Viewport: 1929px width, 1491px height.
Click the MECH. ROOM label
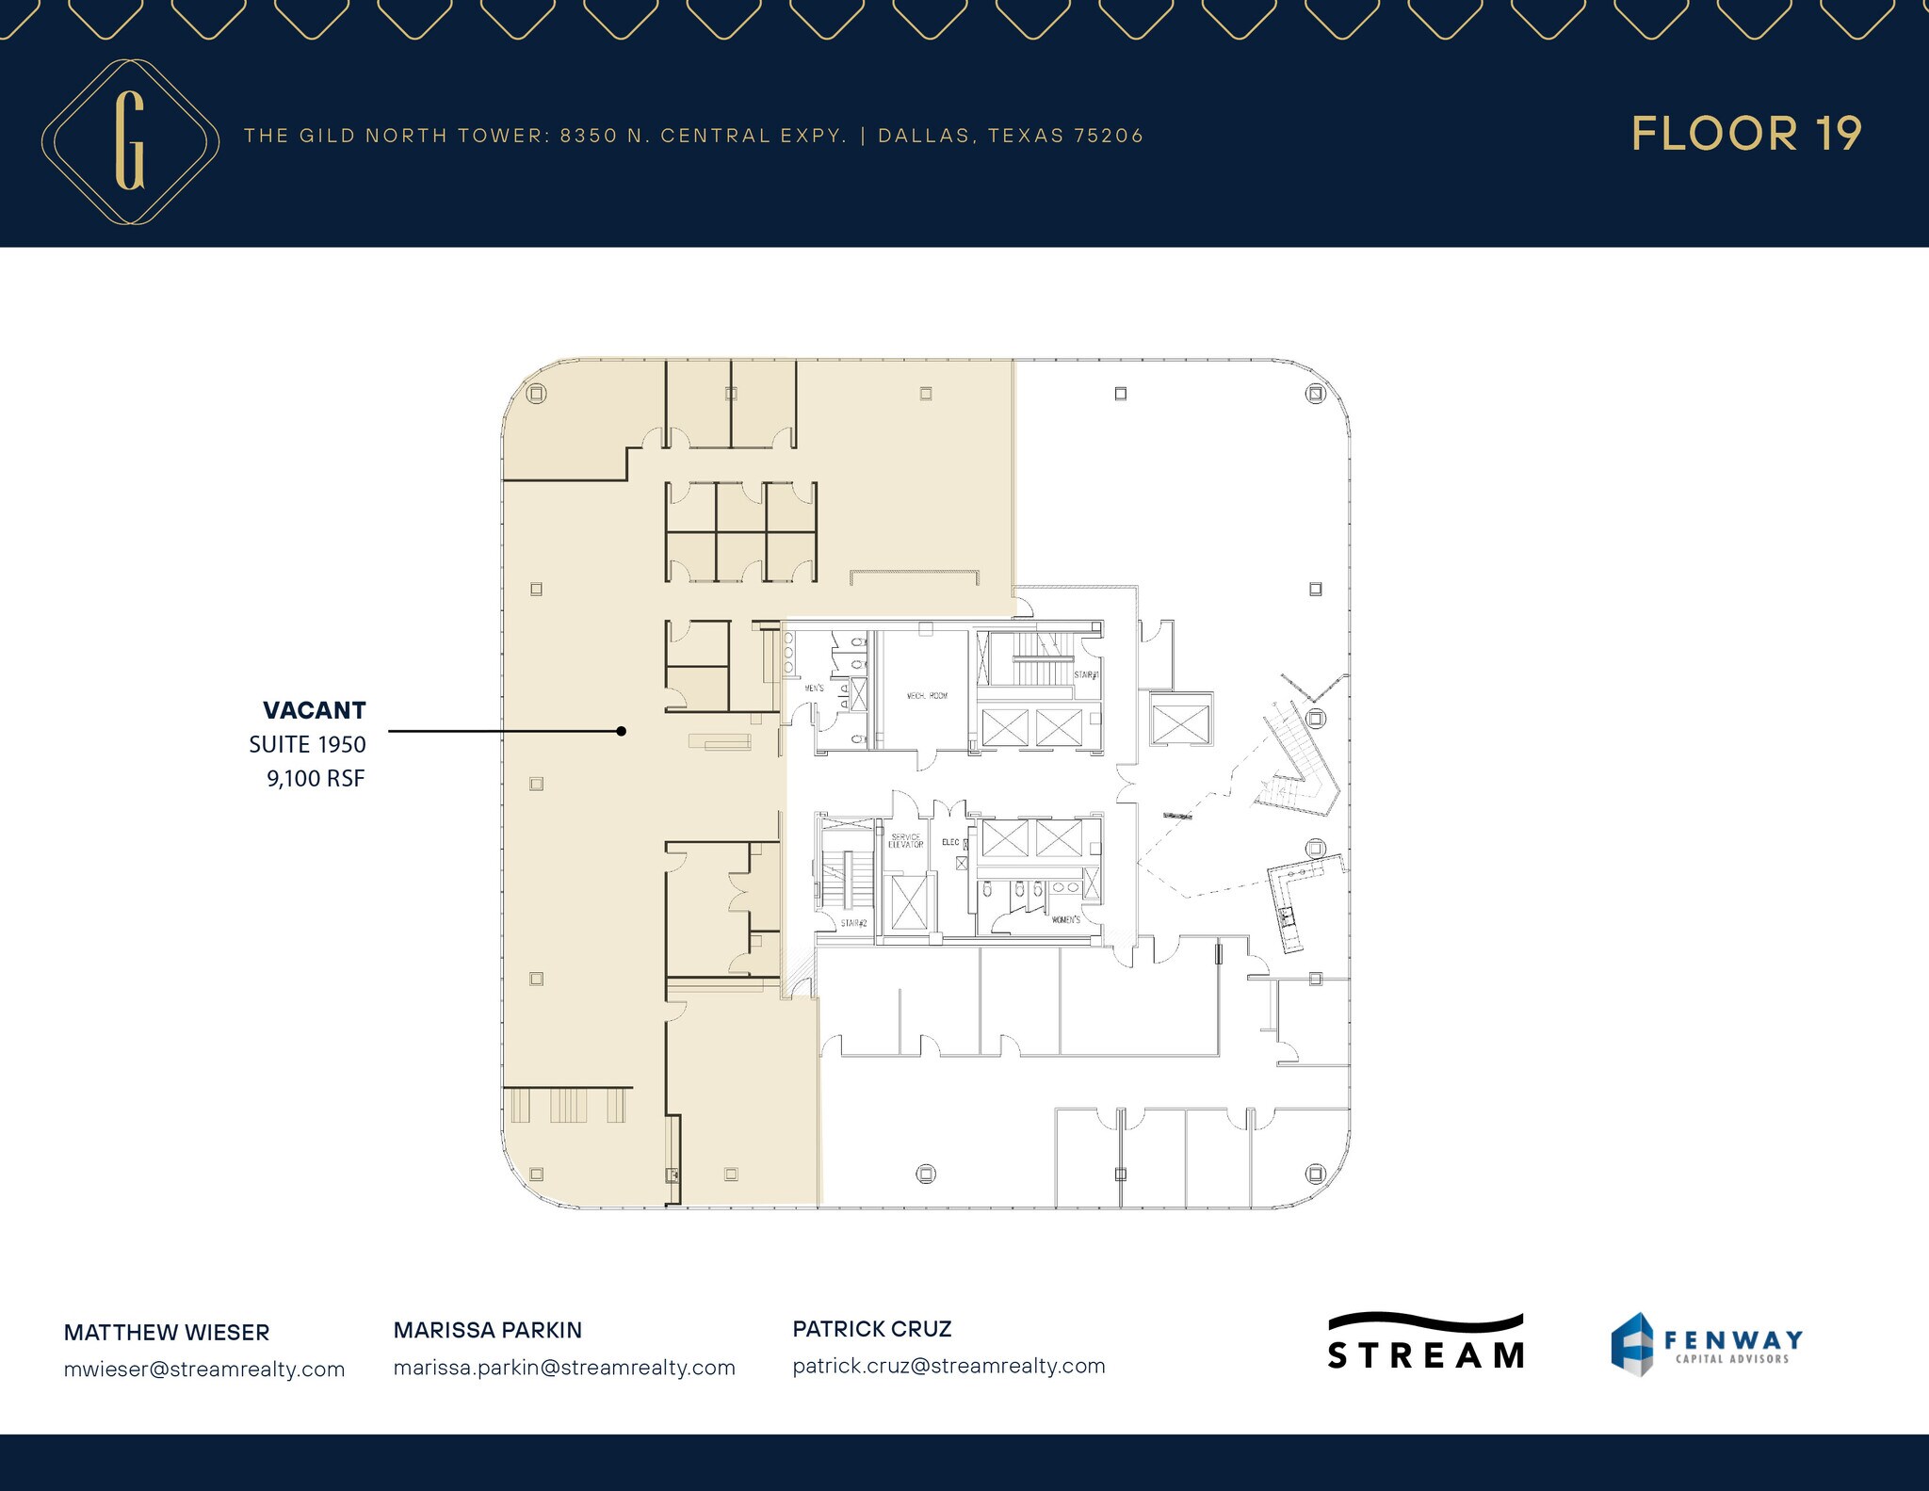[927, 695]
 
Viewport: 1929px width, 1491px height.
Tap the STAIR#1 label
[1087, 674]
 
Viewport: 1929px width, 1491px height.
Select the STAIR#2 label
[853, 923]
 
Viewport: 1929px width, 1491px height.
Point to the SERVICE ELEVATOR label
[905, 840]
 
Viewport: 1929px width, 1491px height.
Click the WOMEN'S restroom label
[1065, 919]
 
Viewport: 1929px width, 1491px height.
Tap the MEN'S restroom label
[814, 689]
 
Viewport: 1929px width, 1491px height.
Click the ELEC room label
[950, 842]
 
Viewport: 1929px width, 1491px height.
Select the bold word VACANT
[314, 710]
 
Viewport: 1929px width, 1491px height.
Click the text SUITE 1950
[307, 744]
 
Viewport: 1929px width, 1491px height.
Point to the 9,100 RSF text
[316, 778]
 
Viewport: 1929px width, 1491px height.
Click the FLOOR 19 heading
[1746, 134]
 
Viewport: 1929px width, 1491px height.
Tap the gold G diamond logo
[130, 141]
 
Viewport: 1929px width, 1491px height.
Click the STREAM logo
[1425, 1342]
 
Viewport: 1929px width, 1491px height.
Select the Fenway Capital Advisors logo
[1706, 1344]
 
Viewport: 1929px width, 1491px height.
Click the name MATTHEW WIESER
[167, 1332]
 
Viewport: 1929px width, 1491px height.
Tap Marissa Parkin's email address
[564, 1367]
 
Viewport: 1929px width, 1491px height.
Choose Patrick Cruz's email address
[948, 1365]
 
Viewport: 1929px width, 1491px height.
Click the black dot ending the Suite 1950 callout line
[621, 731]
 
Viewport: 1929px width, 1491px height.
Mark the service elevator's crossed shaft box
[908, 902]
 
